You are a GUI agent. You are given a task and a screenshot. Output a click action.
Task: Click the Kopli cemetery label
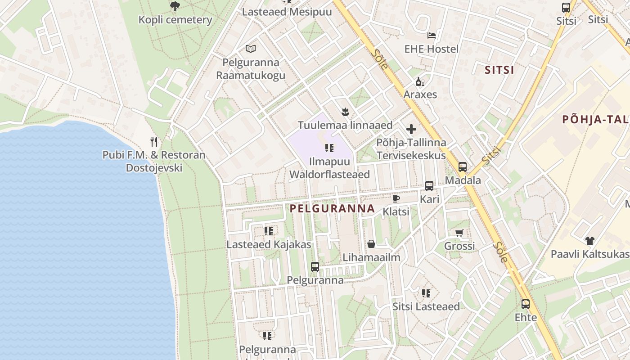175,20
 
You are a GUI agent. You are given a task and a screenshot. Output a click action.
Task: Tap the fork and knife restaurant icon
154,142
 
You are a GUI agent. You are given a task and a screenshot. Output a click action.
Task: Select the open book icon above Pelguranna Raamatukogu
251,49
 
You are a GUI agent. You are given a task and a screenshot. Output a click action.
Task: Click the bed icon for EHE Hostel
431,35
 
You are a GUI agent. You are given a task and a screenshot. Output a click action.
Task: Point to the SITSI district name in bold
499,70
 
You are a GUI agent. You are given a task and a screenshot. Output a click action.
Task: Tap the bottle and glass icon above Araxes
420,81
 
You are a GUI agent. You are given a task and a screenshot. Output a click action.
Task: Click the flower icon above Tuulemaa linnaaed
345,111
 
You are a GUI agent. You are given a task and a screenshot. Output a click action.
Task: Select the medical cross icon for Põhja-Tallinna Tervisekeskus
411,130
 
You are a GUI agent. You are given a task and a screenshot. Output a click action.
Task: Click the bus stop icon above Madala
462,167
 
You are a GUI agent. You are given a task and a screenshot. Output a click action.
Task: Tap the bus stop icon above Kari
429,185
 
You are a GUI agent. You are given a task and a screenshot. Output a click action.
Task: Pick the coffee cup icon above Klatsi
396,198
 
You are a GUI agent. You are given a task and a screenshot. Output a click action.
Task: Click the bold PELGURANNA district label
332,208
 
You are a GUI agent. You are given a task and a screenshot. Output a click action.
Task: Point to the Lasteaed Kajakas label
269,245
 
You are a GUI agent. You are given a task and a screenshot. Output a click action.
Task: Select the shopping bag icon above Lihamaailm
371,244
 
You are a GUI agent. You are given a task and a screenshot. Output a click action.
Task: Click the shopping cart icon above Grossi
459,233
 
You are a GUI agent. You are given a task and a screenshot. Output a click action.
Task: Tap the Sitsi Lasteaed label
426,306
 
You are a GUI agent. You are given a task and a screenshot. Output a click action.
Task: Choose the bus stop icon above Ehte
525,304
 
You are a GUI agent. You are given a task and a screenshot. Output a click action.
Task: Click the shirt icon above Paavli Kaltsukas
589,241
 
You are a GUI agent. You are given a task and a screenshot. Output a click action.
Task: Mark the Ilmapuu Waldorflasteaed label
329,168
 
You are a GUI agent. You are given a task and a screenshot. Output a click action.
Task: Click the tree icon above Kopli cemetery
175,6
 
